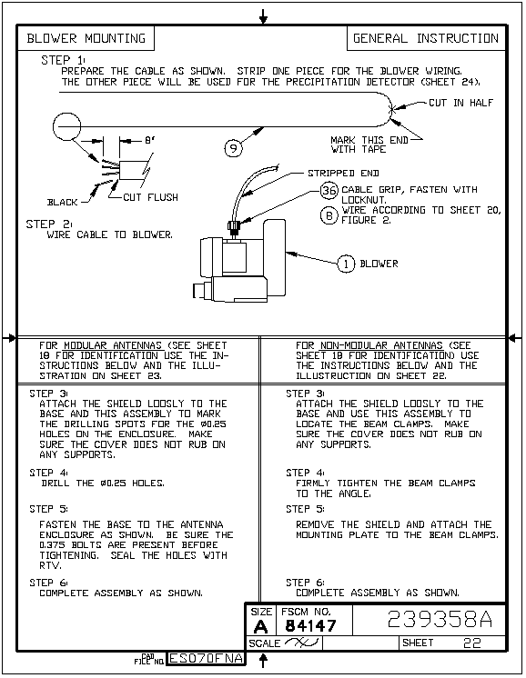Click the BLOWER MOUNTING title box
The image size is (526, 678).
point(86,38)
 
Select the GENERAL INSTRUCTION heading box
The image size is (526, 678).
point(426,38)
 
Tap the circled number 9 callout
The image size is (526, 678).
point(233,148)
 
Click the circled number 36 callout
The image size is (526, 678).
point(329,190)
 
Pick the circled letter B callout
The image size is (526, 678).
point(329,214)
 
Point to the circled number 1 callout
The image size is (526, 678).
point(346,264)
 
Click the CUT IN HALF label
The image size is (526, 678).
point(460,103)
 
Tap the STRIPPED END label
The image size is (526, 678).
point(343,174)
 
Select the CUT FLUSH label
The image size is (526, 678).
point(151,197)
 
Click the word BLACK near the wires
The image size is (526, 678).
point(63,203)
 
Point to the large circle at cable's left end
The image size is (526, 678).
point(67,126)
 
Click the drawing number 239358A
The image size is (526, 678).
point(440,619)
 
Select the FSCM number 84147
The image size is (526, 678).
point(310,625)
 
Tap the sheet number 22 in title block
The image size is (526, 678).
point(472,643)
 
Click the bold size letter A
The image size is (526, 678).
point(261,626)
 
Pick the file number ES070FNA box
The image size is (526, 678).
point(206,658)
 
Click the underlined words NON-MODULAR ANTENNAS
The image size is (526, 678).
point(381,345)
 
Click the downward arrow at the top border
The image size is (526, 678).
point(263,16)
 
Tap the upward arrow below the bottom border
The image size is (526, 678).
point(263,660)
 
